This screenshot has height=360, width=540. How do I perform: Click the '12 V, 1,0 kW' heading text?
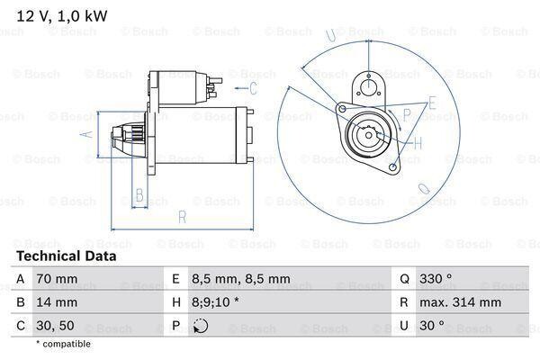(62, 16)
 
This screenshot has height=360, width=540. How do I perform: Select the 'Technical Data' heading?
(67, 256)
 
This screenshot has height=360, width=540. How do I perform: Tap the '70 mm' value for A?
(57, 279)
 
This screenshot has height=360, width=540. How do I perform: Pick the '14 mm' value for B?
(57, 302)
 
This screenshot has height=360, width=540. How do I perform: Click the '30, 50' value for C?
(55, 326)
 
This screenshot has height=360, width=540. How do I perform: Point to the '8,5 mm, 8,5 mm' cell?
(240, 279)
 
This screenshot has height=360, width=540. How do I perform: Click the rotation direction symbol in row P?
(201, 326)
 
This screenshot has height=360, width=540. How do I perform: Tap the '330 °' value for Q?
(436, 278)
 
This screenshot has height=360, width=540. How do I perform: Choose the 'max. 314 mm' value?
(460, 302)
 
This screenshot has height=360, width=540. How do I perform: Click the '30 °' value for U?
(432, 325)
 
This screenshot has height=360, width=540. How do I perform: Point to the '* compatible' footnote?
(63, 344)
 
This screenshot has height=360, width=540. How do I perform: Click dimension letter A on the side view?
(87, 134)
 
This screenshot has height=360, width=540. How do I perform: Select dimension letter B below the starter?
(139, 195)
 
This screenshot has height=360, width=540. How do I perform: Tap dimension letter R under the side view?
(182, 217)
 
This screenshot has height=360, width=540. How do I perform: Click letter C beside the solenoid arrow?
(253, 88)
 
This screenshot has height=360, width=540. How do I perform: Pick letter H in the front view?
(418, 142)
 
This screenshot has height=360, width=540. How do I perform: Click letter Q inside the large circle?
(424, 188)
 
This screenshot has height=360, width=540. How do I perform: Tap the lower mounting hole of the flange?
(392, 167)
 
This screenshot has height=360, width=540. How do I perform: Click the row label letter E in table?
(176, 279)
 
